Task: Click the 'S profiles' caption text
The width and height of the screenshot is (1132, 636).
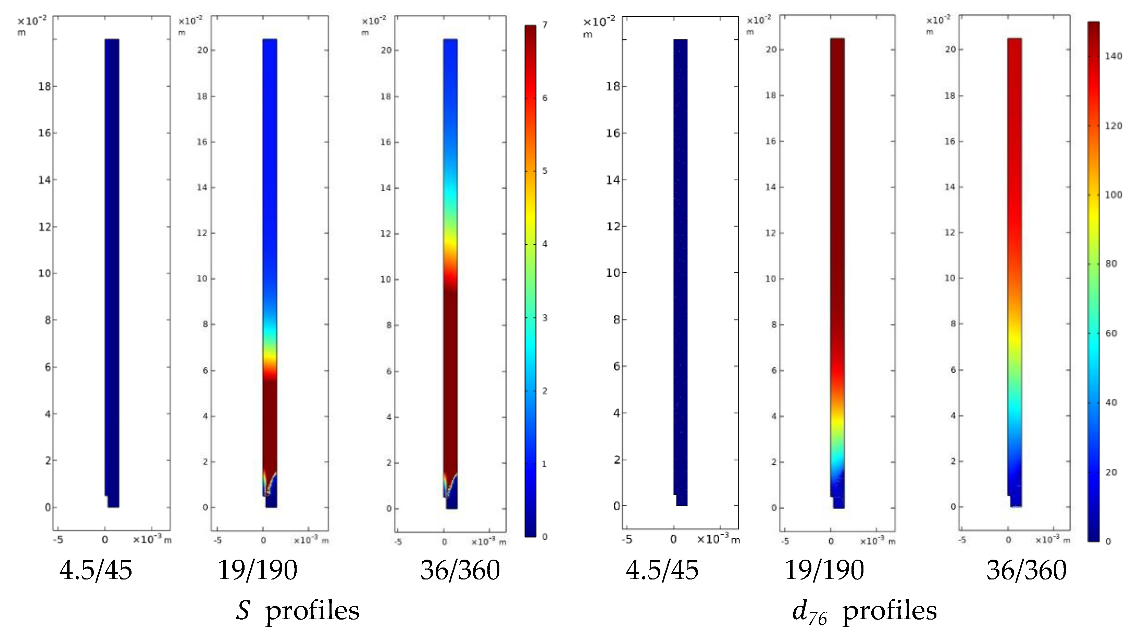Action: click(x=298, y=611)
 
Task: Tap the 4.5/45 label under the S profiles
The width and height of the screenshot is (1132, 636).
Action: click(x=96, y=571)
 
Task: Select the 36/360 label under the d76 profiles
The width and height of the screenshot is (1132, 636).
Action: click(x=1026, y=571)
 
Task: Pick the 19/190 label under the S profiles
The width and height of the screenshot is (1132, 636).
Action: click(x=257, y=571)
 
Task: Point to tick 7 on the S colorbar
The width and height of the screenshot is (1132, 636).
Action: click(x=545, y=25)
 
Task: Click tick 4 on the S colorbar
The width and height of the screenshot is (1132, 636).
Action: click(x=545, y=244)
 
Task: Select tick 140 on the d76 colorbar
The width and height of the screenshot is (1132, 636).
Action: click(x=1113, y=56)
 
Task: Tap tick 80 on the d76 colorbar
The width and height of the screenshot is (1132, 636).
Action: click(x=1111, y=264)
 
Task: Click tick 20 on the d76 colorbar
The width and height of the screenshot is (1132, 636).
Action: click(x=1111, y=473)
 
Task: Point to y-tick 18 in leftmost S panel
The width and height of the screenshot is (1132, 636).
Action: click(x=45, y=86)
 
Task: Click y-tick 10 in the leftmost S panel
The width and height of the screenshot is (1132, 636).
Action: click(x=45, y=273)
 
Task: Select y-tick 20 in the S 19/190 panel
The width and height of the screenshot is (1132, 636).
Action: click(x=202, y=50)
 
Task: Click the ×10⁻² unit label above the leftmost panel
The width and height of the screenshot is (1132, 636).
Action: click(x=32, y=21)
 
